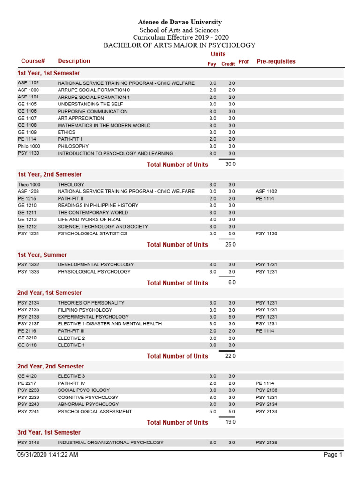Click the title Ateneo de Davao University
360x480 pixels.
[180, 22]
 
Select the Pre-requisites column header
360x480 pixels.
[276, 61]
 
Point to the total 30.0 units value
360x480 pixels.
[230, 164]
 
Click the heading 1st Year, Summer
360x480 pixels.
[42, 255]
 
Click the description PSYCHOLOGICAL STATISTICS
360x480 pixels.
[92, 233]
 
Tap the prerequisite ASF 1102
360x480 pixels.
[266, 191]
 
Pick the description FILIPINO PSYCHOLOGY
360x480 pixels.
[85, 310]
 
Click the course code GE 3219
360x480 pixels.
[27, 338]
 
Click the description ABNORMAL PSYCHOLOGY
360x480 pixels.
[86, 404]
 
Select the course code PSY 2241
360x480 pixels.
[28, 412]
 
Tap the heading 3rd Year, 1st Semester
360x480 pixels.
[49, 432]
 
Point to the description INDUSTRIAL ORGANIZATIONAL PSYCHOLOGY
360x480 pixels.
[111, 442]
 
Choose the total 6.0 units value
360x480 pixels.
[232, 282]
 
